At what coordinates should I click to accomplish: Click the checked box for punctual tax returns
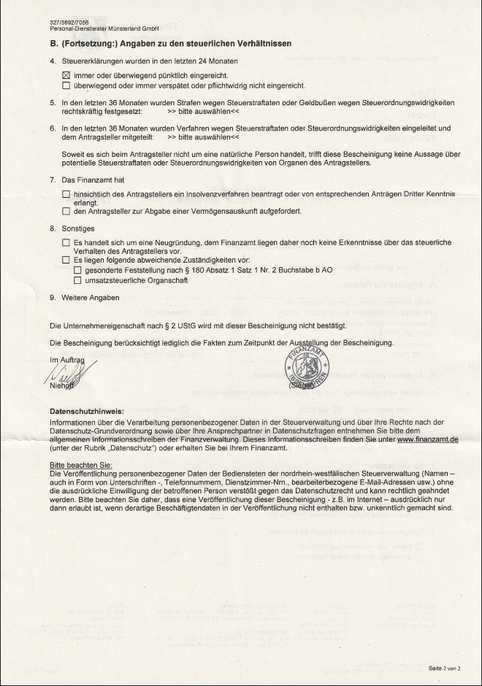(66, 75)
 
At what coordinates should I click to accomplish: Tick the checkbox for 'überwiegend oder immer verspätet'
(66, 85)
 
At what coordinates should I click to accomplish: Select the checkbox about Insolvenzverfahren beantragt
(66, 193)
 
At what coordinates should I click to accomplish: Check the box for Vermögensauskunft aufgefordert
(66, 212)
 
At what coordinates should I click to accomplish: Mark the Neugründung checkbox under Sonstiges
(66, 242)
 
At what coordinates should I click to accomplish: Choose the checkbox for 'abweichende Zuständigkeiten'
(66, 260)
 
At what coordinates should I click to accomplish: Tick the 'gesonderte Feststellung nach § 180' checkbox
(78, 270)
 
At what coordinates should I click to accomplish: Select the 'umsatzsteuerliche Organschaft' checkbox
(78, 280)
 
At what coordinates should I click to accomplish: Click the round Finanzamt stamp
(303, 367)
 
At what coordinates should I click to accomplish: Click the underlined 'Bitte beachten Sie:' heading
(80, 465)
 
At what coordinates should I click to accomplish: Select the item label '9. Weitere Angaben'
(84, 298)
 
